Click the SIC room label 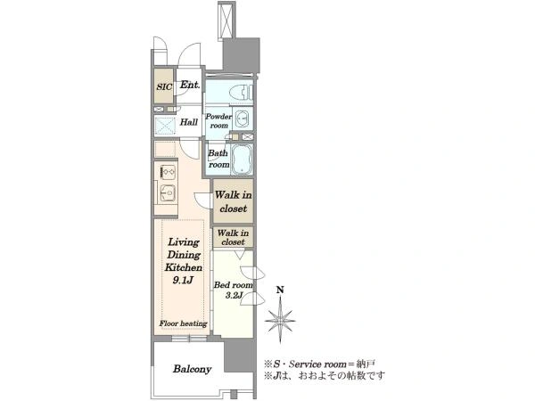pos(164,86)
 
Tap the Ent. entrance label pos(190,85)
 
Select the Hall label pos(189,122)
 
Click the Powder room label pos(218,120)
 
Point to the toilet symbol pos(241,92)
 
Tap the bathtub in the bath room pos(242,160)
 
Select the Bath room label pos(218,159)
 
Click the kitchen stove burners pos(168,171)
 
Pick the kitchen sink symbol pos(168,193)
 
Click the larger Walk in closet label pos(234,201)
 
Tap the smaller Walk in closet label pos(233,237)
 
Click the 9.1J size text pos(183,281)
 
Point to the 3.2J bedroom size pos(234,295)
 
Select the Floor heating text pos(183,323)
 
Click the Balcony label pos(192,369)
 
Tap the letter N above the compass pos(280,291)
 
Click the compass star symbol pos(280,321)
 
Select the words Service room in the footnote pos(317,364)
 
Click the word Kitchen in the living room pos(184,267)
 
